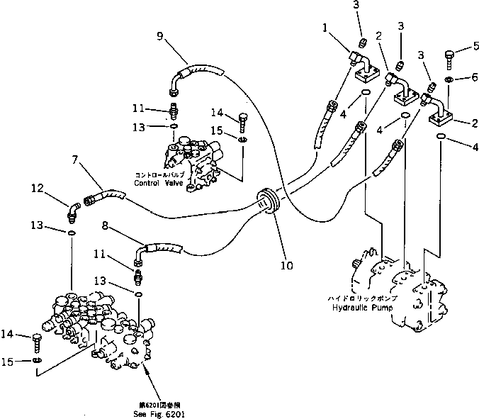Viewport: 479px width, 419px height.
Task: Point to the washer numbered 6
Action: click(x=449, y=79)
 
